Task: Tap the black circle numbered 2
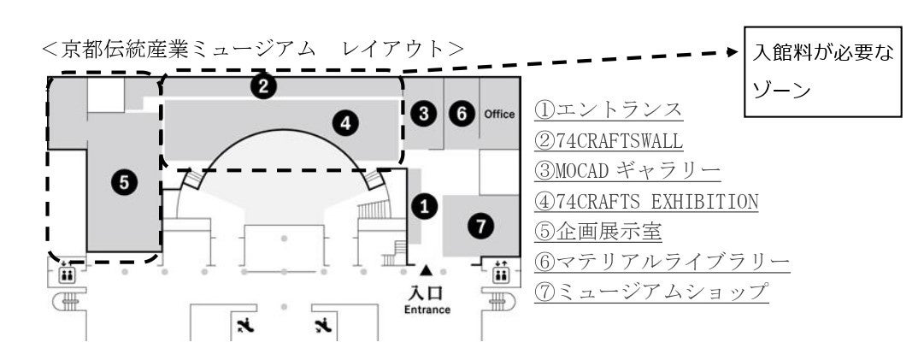(265, 85)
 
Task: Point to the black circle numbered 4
(344, 124)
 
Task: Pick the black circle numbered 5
(124, 181)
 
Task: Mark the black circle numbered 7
(481, 226)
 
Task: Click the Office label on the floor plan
(499, 114)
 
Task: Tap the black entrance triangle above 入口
(426, 271)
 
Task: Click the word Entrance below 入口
(427, 309)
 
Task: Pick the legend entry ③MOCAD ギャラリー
(627, 170)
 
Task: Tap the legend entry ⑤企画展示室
(599, 231)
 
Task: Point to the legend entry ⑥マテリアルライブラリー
(662, 261)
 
